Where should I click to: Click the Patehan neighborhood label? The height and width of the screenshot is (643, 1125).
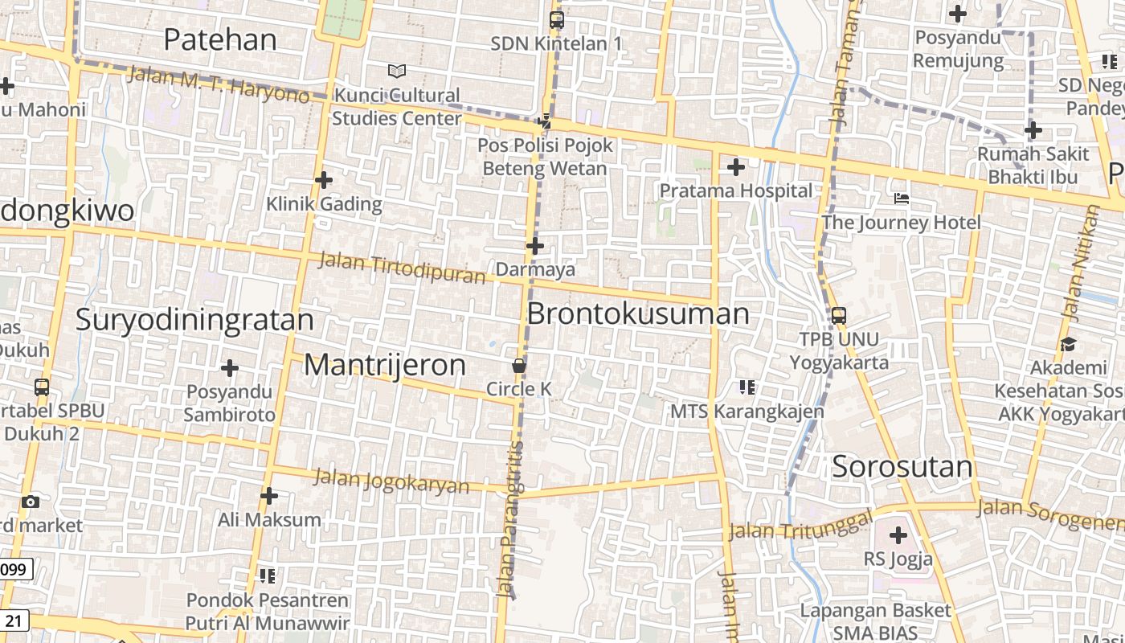pos(220,39)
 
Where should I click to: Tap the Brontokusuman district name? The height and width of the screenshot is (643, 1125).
pos(638,313)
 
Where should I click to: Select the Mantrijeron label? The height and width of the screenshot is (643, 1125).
pos(385,365)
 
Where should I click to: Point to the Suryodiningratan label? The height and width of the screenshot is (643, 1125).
pos(194,320)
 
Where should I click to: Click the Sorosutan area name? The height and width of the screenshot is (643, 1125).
pos(902,466)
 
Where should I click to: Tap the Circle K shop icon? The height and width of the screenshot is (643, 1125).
pos(519,367)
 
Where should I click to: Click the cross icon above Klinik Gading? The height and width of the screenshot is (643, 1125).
pos(324,180)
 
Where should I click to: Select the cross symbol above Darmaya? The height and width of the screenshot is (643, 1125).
pos(535,246)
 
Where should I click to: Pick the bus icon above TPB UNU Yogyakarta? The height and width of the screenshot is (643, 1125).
pos(839,316)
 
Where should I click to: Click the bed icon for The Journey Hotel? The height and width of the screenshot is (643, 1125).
pos(902,199)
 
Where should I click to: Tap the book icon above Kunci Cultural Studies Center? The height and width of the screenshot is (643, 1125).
pos(397,72)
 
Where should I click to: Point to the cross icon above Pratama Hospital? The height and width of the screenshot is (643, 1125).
pos(735,167)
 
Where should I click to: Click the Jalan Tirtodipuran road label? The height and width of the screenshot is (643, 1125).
pos(402,268)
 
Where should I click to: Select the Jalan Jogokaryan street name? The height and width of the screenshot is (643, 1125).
pos(391,481)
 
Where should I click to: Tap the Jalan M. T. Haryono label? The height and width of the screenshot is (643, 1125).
pos(218,84)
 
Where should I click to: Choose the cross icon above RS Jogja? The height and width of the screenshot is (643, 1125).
pos(898,535)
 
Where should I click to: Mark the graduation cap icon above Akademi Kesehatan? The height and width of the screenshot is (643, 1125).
pos(1068,345)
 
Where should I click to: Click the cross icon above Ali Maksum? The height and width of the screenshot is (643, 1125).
pos(269,496)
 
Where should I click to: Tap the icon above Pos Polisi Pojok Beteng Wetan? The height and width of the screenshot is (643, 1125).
pos(545,121)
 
